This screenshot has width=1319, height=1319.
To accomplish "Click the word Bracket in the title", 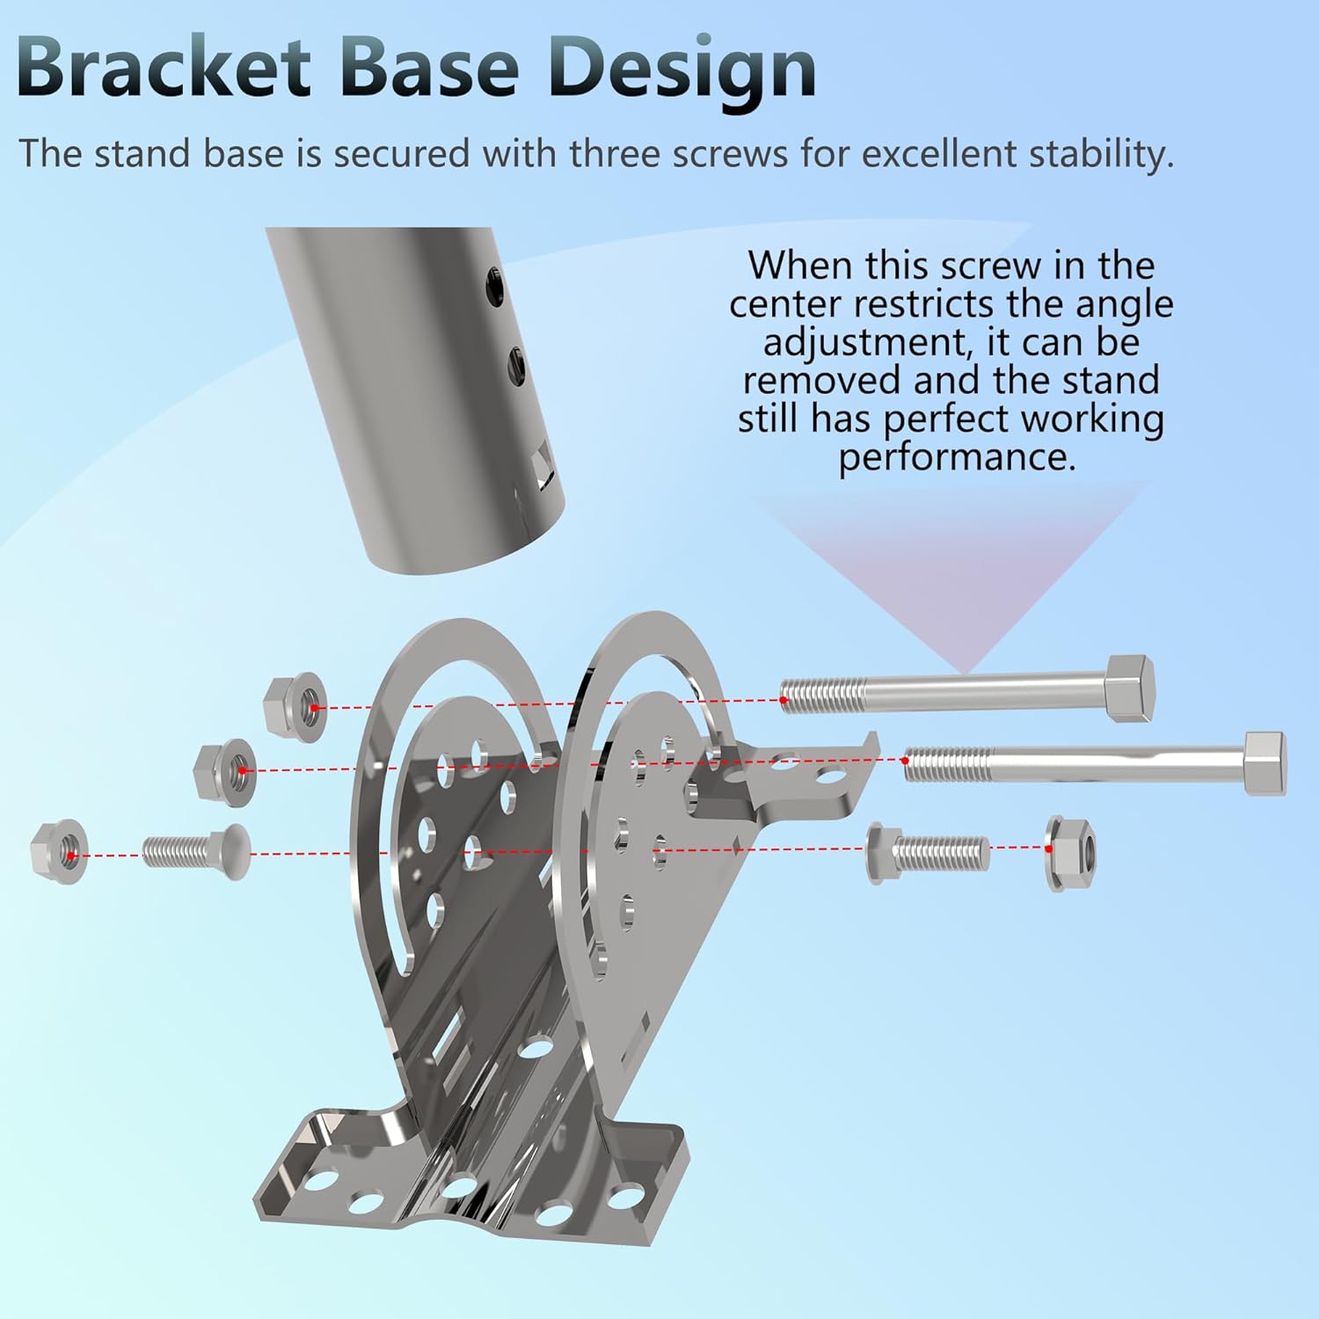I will tap(164, 68).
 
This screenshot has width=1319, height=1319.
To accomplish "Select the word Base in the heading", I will tap(430, 68).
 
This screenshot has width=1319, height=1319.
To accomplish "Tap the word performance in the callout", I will tap(957, 457).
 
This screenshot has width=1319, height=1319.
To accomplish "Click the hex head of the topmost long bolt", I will tap(1130, 688).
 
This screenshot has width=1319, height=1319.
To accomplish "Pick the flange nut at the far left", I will tap(59, 850).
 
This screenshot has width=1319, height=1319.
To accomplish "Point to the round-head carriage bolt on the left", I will tap(196, 851).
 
